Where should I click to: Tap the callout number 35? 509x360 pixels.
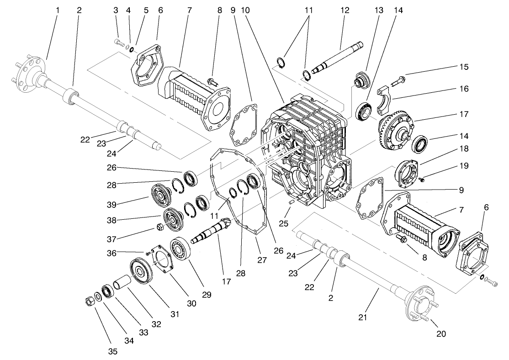[x=113, y=351]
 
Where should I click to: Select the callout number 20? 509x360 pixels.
[x=440, y=334]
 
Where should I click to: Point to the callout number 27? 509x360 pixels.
[x=262, y=260]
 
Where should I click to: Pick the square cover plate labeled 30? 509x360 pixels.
[x=163, y=255]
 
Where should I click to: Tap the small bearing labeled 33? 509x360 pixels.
[x=108, y=291]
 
